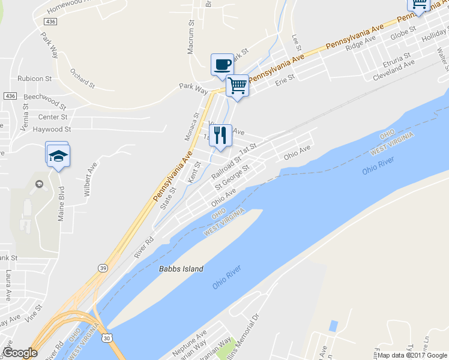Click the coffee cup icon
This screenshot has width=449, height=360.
[222, 64]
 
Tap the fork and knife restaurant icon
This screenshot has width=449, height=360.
[220, 135]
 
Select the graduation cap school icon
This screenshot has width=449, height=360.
[58, 155]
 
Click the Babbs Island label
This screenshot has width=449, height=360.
[181, 269]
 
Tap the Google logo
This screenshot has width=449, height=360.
[20, 353]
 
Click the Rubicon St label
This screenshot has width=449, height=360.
[34, 79]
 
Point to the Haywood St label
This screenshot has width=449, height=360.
[52, 129]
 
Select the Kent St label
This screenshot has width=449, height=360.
[193, 172]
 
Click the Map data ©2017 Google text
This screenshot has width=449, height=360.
[413, 355]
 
